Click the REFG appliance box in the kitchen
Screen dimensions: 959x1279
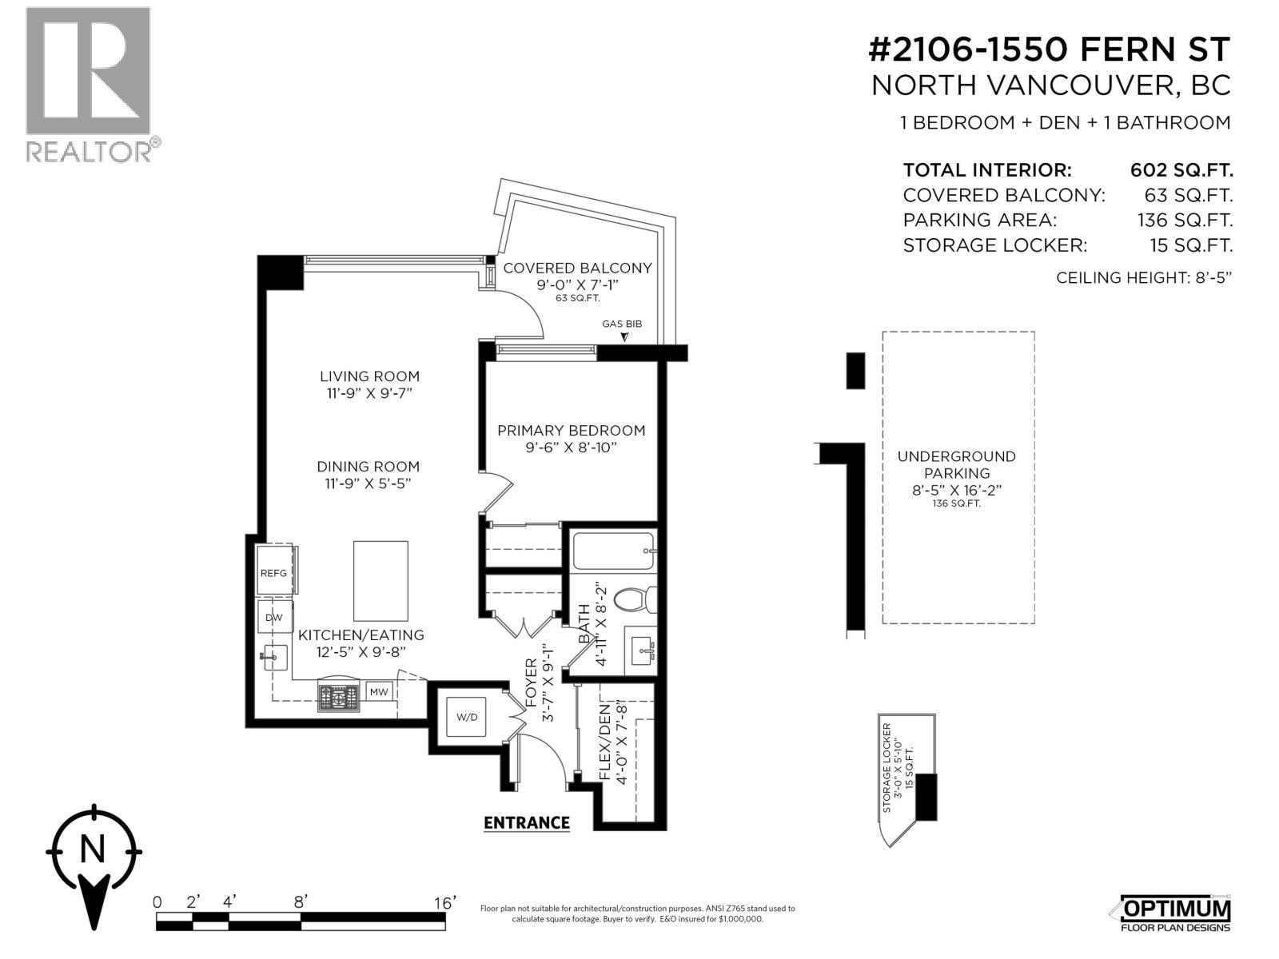click(273, 572)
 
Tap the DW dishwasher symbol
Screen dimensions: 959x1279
click(273, 617)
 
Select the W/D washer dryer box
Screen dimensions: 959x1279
click(467, 717)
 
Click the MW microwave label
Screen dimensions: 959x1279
click(379, 691)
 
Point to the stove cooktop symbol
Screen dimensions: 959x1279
click(340, 697)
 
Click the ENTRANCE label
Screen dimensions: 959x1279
click(527, 822)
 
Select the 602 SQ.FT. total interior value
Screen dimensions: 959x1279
click(1181, 170)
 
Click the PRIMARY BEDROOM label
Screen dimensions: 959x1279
click(571, 431)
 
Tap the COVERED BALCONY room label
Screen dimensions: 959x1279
click(577, 269)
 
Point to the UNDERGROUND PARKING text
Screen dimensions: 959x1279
click(956, 465)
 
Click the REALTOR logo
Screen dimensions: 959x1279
click(88, 84)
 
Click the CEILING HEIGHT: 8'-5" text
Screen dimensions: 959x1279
click(1144, 278)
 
